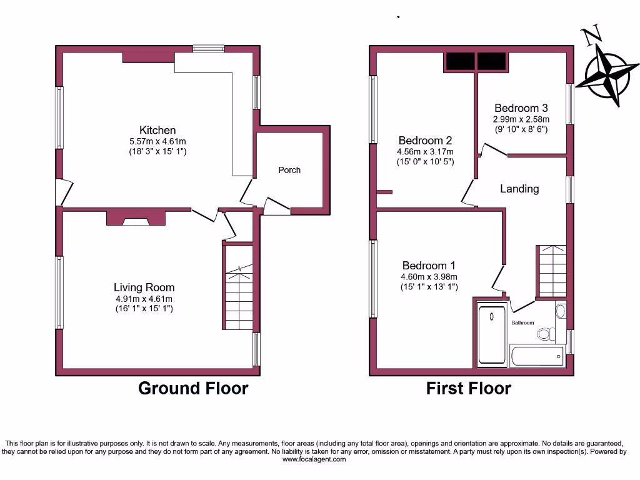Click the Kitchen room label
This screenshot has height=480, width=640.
[157, 130]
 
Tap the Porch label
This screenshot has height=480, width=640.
[289, 170]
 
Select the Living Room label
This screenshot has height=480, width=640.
[144, 287]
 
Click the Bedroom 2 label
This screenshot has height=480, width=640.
[425, 141]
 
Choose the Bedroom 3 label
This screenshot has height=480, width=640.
[521, 107]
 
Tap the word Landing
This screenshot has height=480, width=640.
[519, 188]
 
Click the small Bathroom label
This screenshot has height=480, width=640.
[522, 323]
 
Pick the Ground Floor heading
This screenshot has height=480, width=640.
[192, 388]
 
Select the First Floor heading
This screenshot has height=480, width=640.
[468, 388]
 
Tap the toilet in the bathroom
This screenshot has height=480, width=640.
[545, 334]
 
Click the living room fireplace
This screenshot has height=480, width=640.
[136, 218]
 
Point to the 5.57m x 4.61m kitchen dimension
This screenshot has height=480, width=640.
[157, 141]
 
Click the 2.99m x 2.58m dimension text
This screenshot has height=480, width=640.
[521, 119]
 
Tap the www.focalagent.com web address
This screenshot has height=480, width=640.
[314, 459]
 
